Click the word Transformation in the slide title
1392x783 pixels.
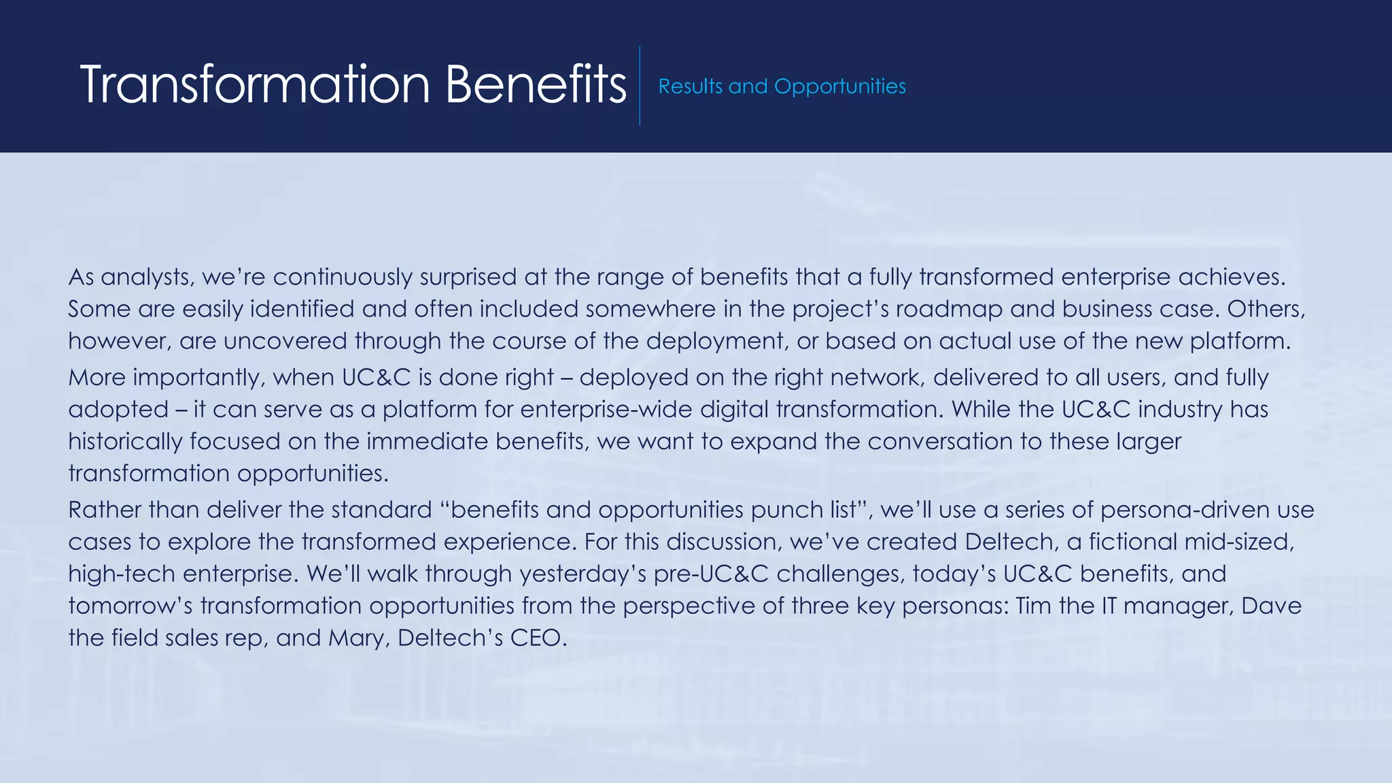(255, 84)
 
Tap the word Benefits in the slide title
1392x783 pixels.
(536, 84)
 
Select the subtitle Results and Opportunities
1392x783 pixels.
(782, 86)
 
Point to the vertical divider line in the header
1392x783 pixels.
(640, 86)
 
